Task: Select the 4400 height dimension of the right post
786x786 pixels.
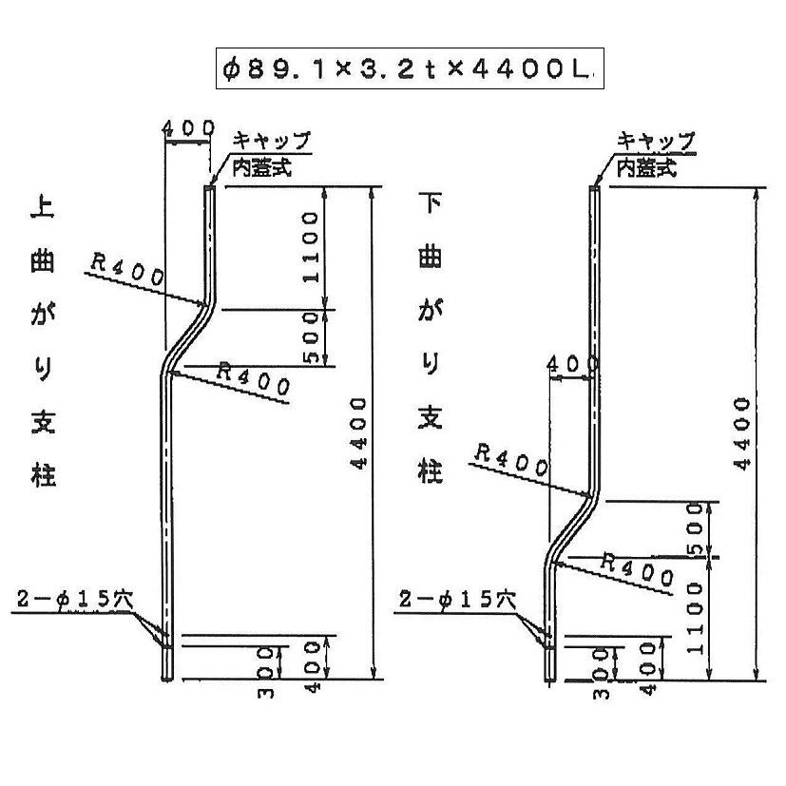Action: pos(744,433)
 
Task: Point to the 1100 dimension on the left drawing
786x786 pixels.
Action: pos(311,248)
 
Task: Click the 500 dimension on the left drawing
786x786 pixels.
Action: pos(311,338)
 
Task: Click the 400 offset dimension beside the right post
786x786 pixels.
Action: pos(573,364)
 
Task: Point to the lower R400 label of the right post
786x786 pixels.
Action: pos(638,568)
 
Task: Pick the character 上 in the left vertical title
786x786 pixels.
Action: pos(44,208)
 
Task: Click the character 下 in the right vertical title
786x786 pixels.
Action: pos(430,203)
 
